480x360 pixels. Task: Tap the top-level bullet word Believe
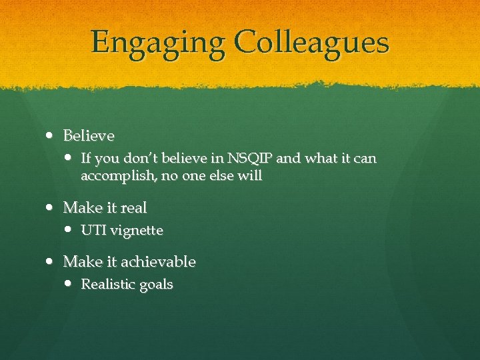89,136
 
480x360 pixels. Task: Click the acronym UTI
92,231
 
